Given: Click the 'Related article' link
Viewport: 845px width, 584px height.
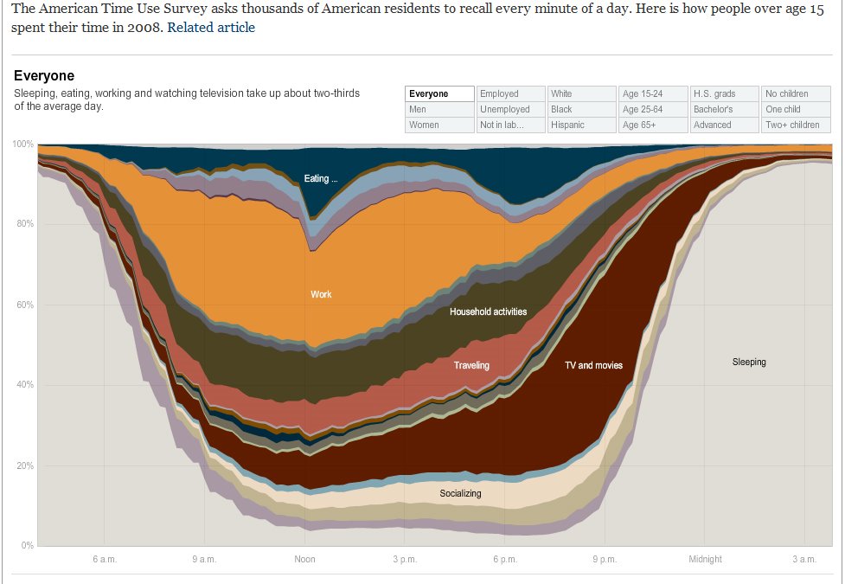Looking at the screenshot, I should click(211, 27).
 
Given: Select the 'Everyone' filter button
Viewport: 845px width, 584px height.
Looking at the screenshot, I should click(439, 93).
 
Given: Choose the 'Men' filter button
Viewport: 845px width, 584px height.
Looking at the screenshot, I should click(439, 109).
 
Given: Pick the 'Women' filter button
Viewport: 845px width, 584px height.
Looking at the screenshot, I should click(439, 125).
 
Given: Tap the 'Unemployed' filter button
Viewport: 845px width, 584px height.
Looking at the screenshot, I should click(511, 109).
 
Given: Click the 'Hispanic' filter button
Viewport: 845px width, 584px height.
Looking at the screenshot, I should click(582, 125).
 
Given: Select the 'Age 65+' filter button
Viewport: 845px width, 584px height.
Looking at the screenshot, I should click(653, 125).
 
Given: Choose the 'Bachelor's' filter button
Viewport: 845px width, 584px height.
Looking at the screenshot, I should click(724, 109).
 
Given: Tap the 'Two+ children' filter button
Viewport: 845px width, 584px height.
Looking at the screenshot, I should click(795, 125).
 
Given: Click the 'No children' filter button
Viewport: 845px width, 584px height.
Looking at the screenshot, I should click(795, 93).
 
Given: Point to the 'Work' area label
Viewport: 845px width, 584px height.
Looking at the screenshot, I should click(321, 294).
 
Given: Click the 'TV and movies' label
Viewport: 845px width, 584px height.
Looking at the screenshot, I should click(593, 365).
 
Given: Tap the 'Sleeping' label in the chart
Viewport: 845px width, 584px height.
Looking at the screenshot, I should click(749, 362).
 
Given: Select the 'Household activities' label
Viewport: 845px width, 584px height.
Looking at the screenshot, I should click(488, 311).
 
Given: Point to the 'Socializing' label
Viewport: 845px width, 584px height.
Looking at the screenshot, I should click(460, 493).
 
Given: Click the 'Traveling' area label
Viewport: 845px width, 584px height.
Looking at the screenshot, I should click(471, 365).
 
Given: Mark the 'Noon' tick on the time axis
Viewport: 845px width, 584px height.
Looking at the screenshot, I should click(304, 559).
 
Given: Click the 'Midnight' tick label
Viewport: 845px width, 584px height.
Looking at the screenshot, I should click(705, 559).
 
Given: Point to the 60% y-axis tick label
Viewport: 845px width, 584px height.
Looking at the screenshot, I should click(23, 305).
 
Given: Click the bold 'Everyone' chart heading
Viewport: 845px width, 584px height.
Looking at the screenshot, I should click(44, 76).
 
